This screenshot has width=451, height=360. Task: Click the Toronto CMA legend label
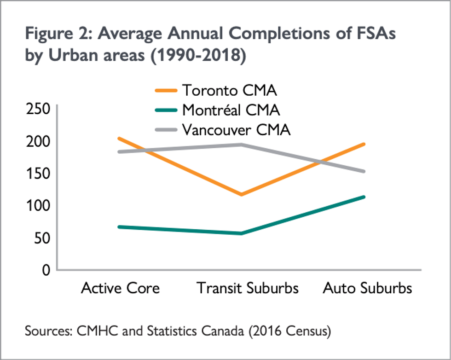tap(229, 90)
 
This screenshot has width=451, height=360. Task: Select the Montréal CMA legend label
tap(231, 110)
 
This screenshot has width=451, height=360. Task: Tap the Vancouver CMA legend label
tap(237, 130)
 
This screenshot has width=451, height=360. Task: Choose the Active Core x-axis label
tap(120, 289)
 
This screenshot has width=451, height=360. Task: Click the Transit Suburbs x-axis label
tap(248, 289)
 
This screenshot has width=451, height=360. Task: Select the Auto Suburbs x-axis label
tap(367, 289)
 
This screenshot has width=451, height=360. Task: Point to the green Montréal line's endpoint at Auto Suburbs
tap(364, 197)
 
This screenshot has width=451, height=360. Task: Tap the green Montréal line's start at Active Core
tap(119, 227)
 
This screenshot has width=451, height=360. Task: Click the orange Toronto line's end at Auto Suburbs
tap(364, 144)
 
